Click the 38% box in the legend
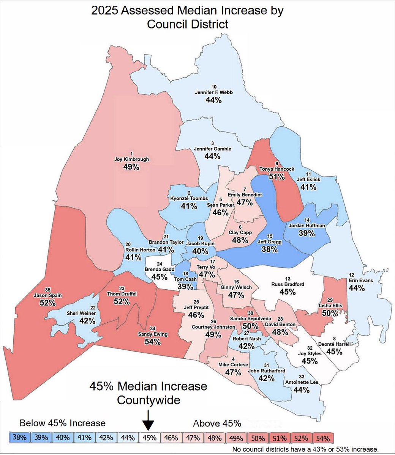point(19,437)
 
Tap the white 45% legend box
point(150,437)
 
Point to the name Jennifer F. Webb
point(213,92)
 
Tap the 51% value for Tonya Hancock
point(277,176)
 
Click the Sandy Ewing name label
point(152,334)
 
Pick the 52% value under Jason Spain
point(48,303)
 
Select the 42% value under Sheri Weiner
point(87,321)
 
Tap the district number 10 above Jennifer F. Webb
point(214,86)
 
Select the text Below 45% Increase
point(63,423)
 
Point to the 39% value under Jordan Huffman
point(307,233)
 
